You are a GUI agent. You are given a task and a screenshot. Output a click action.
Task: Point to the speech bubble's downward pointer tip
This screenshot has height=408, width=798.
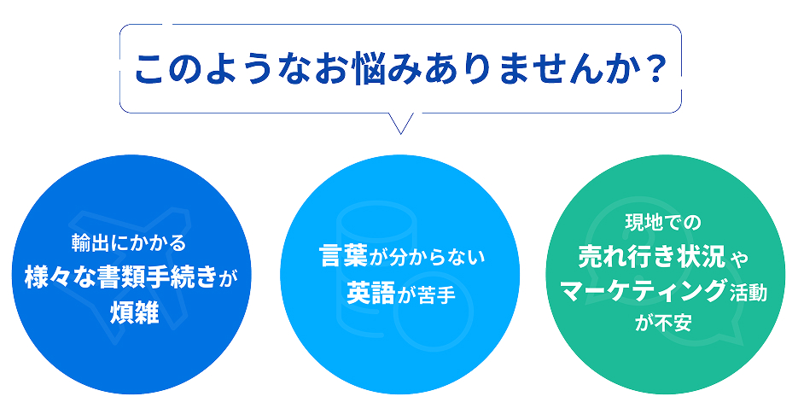point(400,134)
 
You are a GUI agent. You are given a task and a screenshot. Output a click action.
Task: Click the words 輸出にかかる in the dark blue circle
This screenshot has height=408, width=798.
point(129,243)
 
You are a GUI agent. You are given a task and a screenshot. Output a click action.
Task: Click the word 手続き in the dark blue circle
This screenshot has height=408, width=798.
point(182,277)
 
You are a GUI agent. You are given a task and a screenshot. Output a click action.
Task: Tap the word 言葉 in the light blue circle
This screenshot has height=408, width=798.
point(344,256)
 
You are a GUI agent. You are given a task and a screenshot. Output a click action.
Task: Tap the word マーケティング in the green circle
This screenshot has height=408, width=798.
point(643,291)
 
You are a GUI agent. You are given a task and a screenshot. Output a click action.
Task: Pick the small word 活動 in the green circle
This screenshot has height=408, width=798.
point(748,293)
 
